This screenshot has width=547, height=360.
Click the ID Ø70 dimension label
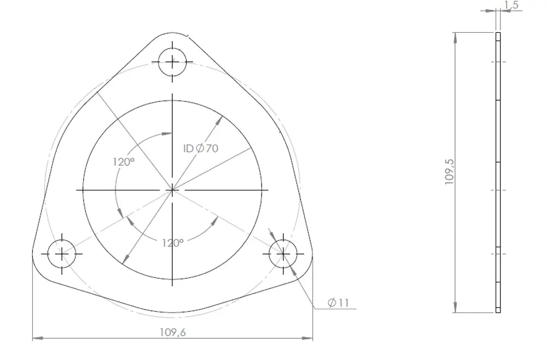(201, 149)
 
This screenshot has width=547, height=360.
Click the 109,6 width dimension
(173, 332)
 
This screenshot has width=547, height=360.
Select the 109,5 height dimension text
(450, 172)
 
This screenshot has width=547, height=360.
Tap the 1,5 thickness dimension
(511, 5)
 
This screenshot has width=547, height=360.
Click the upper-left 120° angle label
(124, 162)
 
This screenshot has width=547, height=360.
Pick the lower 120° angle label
(173, 243)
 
